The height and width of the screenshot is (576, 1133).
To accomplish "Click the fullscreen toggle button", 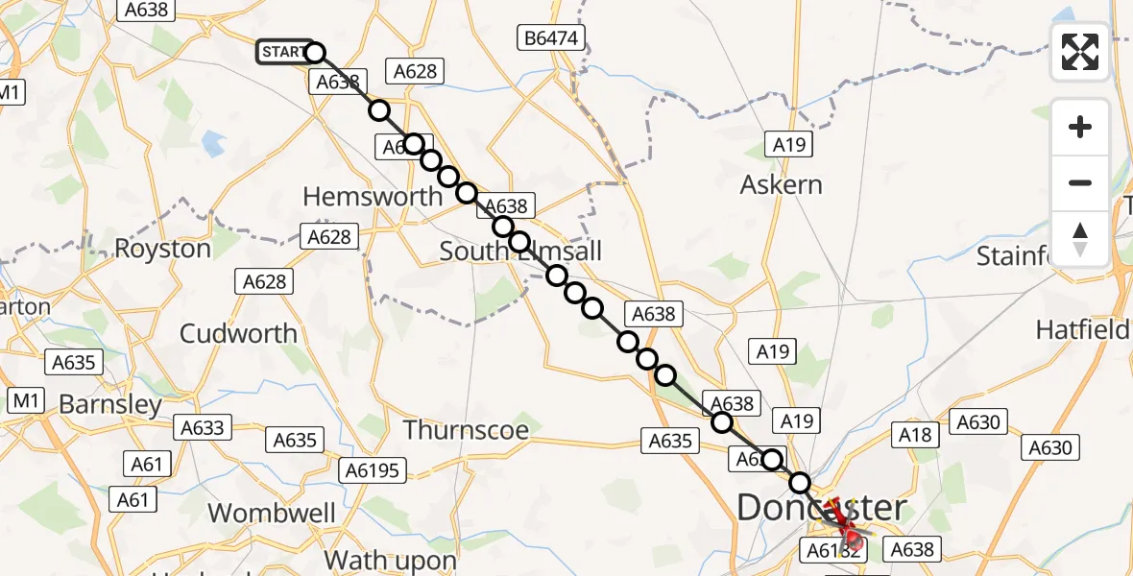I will coord(1080,52).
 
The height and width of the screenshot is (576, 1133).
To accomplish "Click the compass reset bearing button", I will coord(1080,239).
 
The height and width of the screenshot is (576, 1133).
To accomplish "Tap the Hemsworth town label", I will coord(373,197).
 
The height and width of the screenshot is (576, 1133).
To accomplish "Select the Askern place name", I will coord(781,184).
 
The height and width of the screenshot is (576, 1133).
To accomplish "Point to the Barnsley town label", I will coord(110,404).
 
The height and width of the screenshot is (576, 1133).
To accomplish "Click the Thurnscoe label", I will coord(466,429).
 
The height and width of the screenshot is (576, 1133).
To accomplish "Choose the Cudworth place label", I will coord(238,333).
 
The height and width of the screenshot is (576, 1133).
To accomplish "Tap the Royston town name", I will coord(162,249).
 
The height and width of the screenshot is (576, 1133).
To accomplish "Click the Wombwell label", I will coord(272,513).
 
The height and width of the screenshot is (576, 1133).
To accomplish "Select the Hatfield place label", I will coord(1082,330).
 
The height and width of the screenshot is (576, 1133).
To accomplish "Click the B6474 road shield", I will coord(550,38).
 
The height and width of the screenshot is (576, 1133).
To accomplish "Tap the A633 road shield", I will coord(202,428).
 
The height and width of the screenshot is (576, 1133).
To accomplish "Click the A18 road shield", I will coord(915,435).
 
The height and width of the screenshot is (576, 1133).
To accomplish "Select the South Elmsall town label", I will coord(520,252).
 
